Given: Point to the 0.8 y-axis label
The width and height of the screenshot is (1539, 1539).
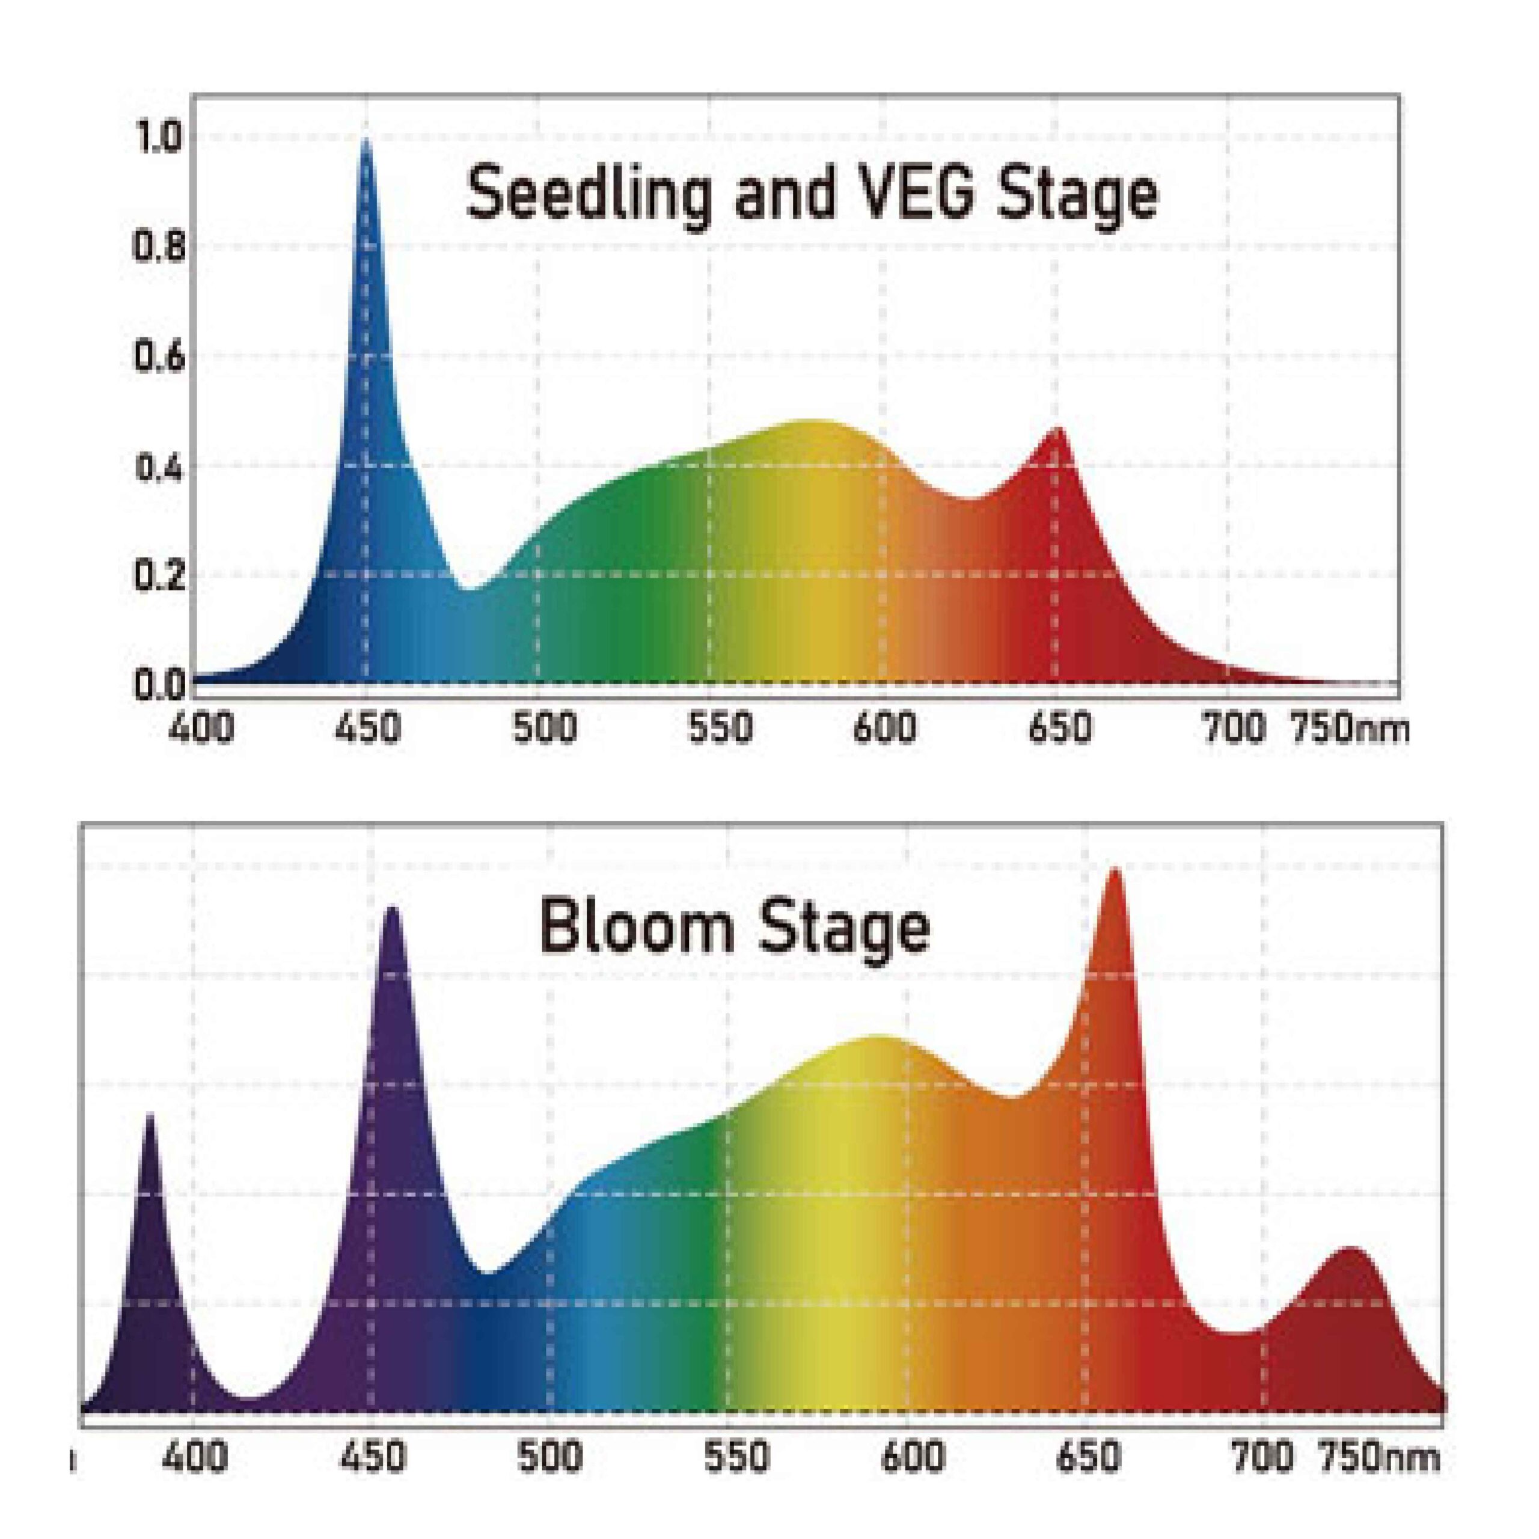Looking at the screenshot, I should pos(159,248).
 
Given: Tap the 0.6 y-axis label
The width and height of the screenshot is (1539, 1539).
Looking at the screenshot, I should pos(159,357).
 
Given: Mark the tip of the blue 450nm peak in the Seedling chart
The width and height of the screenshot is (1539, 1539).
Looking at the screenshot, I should pos(366,140).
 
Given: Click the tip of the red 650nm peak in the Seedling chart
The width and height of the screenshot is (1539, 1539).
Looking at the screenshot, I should pos(1059,428).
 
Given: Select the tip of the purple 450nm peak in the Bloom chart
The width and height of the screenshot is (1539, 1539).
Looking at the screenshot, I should pos(392,908).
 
